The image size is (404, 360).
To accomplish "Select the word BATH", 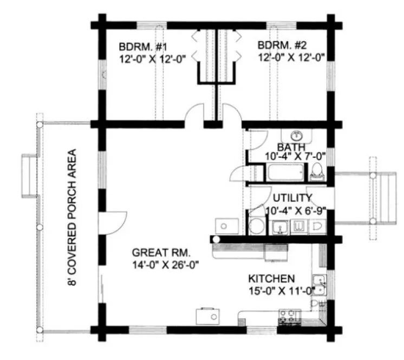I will pos(291,147).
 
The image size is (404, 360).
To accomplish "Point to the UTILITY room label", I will pos(292,198).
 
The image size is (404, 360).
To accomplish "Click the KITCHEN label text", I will pos(271,278).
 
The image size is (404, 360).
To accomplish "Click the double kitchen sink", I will pos(321,285).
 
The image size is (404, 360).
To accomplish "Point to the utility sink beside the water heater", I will pos(281,228).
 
